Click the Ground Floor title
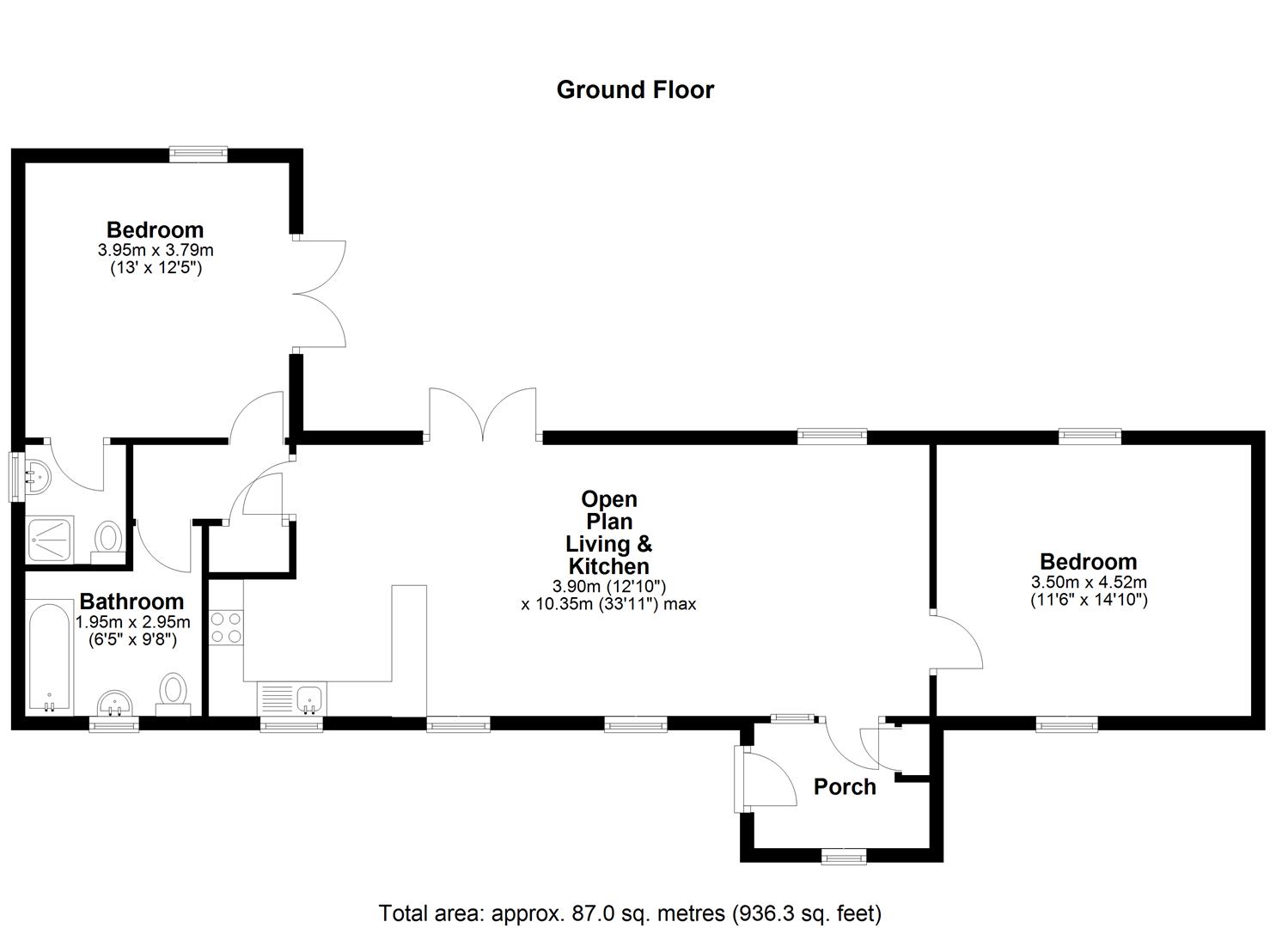pos(635,90)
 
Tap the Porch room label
pos(845,787)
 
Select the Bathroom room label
pos(131,601)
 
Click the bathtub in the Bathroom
pos(49,658)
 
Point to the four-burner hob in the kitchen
pos(226,626)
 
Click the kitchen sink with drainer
pos(290,698)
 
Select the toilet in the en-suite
pos(108,540)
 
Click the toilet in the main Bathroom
pos(174,692)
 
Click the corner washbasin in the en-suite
pos(38,474)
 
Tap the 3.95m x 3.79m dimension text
pos(156,251)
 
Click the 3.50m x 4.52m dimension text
pos(1089,583)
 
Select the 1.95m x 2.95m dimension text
pos(133,622)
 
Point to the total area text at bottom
pos(630,913)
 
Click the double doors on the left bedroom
pos(320,293)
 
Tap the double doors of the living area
pos(482,415)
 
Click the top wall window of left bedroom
pos(198,155)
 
